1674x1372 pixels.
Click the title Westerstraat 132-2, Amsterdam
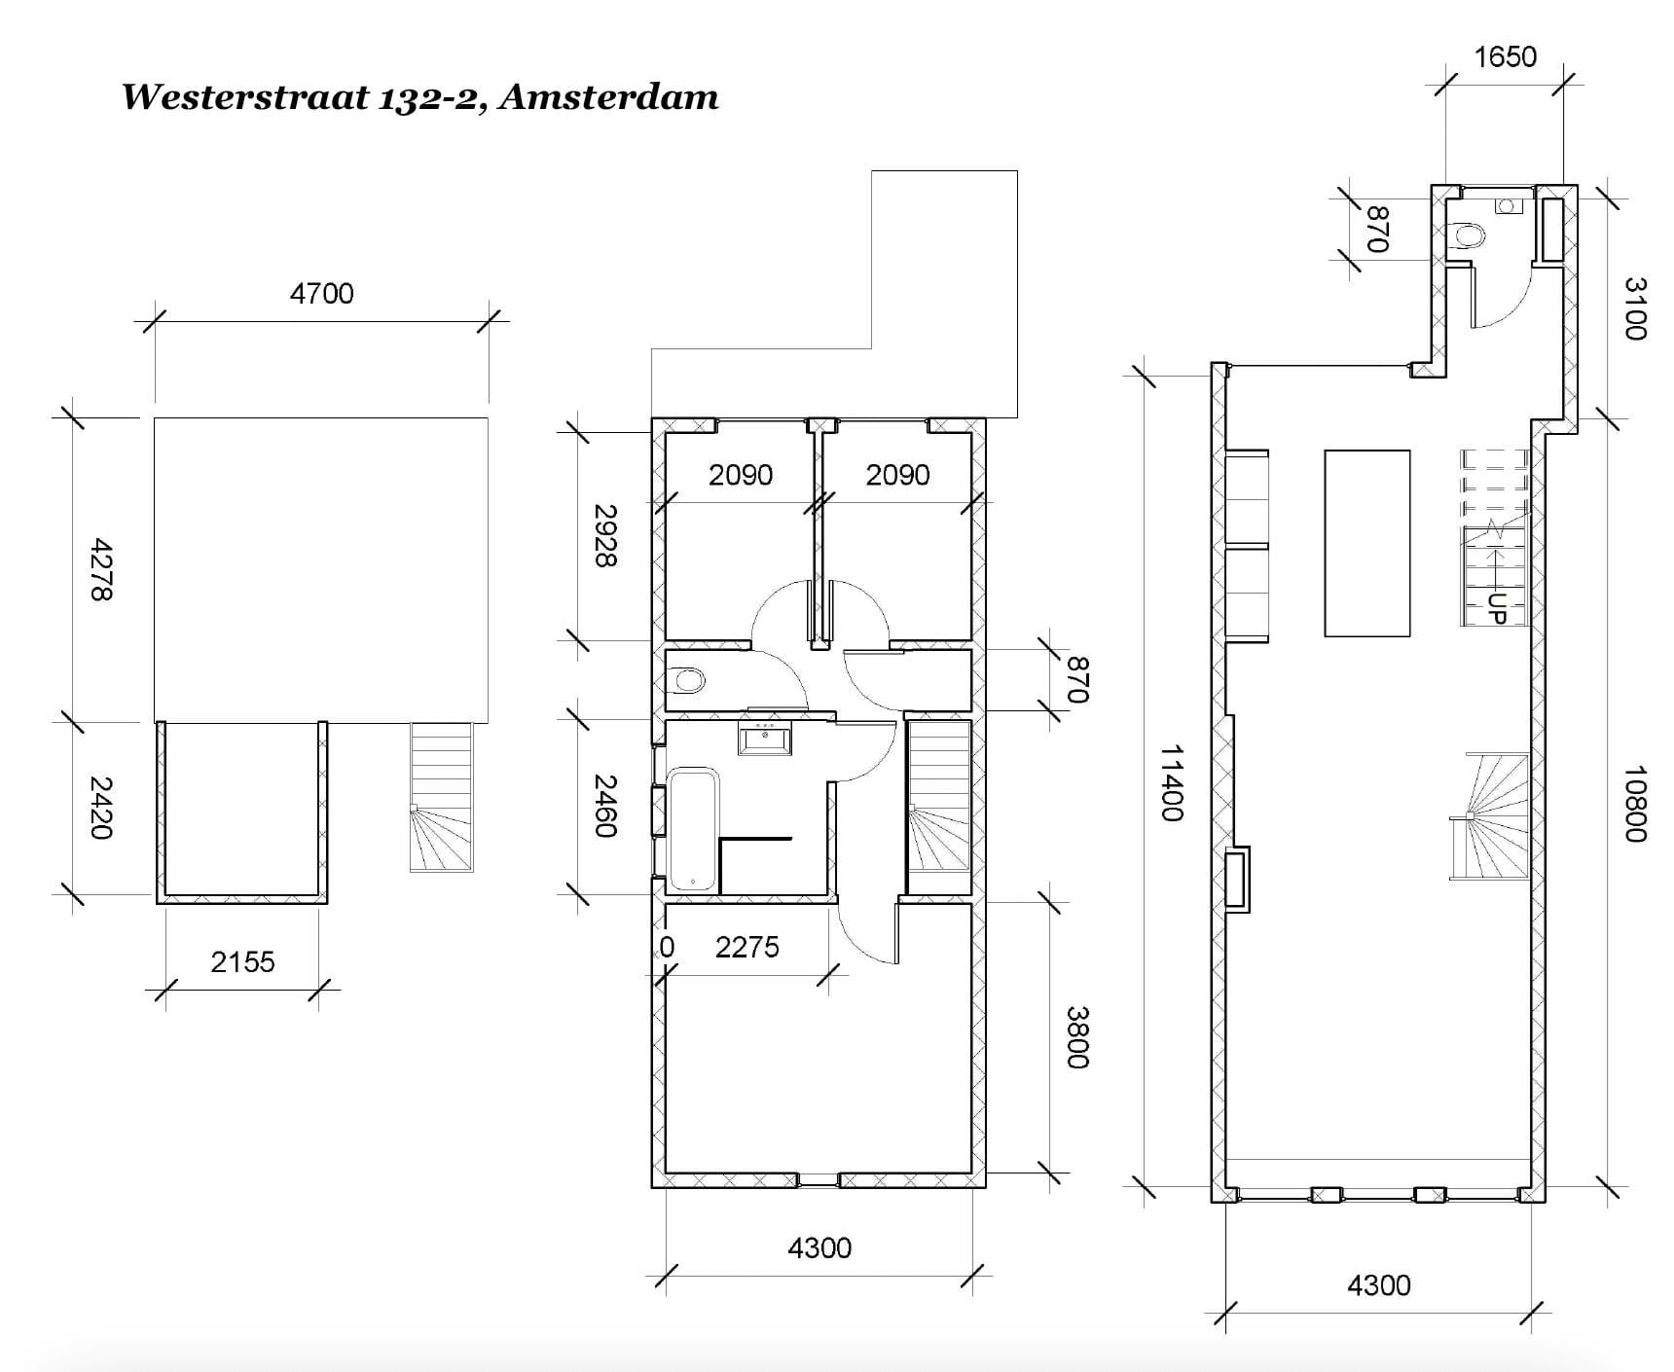coord(419,97)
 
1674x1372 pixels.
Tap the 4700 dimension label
coord(321,293)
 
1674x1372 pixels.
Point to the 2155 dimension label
coord(242,962)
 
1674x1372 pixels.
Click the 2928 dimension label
coord(604,535)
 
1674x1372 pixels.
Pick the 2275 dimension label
coord(747,947)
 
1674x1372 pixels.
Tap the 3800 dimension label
coord(1077,1037)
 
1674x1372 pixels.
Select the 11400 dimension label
coord(1171,783)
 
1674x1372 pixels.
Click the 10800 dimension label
coord(1635,804)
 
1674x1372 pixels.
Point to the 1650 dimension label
coord(1505,57)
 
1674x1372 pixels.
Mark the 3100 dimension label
coord(1635,308)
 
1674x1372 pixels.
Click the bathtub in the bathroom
coord(693,829)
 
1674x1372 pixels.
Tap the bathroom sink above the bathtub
coord(766,738)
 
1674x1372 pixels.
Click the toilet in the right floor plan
coord(1465,236)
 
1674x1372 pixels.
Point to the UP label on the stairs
coord(1497,608)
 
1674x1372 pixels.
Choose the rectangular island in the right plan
coord(1367,543)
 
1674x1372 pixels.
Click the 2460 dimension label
coord(604,806)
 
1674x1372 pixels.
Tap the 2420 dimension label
coord(100,808)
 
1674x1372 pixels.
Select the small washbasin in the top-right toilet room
coord(1507,206)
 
